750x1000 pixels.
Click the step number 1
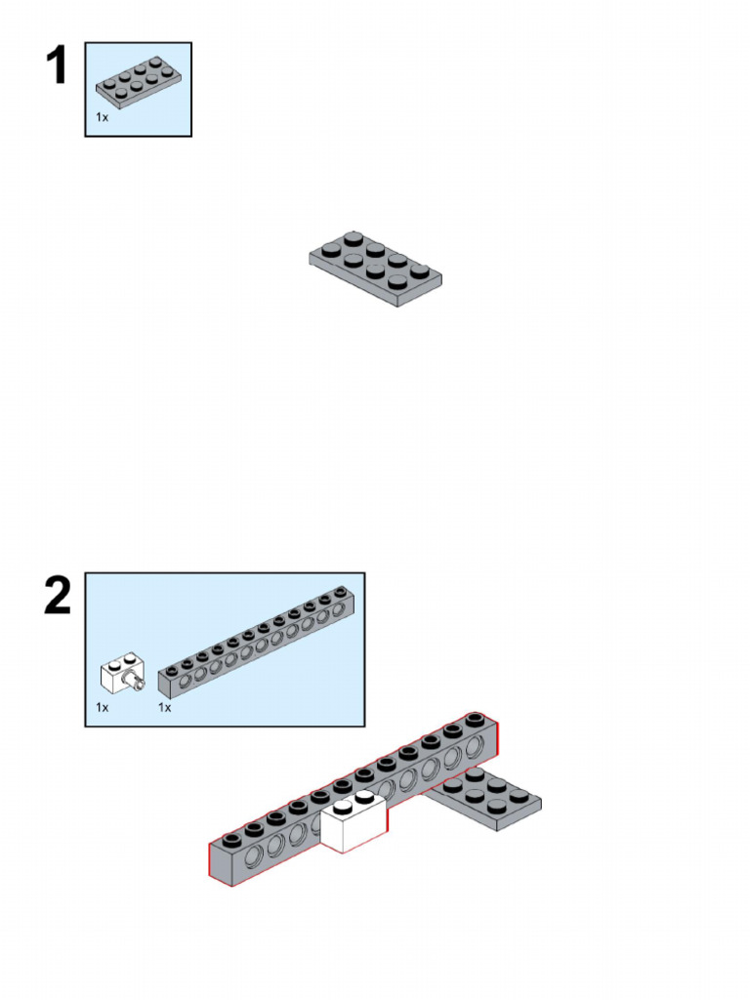pyautogui.click(x=56, y=67)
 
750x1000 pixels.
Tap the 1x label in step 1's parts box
pyautogui.click(x=102, y=117)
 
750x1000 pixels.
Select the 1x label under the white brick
pyautogui.click(x=102, y=707)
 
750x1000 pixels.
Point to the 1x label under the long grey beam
pyautogui.click(x=164, y=707)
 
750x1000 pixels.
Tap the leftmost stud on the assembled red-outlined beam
pyautogui.click(x=230, y=839)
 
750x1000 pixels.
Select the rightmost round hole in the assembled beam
pyautogui.click(x=476, y=748)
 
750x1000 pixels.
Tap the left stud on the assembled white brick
pyautogui.click(x=342, y=807)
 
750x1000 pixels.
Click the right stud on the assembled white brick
pyautogui.click(x=364, y=797)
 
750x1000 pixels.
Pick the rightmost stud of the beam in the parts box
pyautogui.click(x=339, y=591)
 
